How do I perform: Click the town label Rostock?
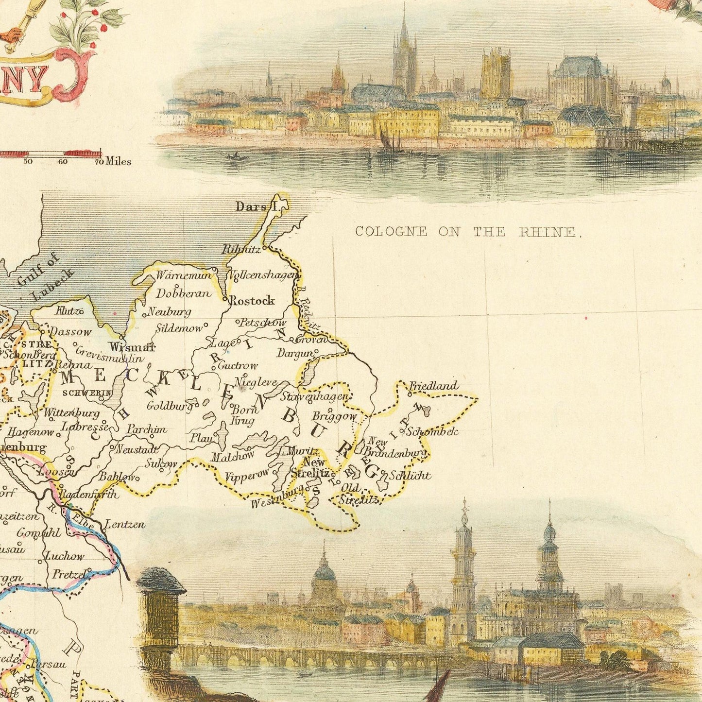coord(252,301)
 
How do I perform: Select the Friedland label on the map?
coord(433,386)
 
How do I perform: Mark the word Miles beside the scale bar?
coord(118,161)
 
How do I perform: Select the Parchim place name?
coord(147,429)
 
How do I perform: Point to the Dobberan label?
coord(184,293)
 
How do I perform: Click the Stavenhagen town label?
coord(315,396)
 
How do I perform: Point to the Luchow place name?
coord(65,556)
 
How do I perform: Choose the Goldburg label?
coord(170,406)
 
